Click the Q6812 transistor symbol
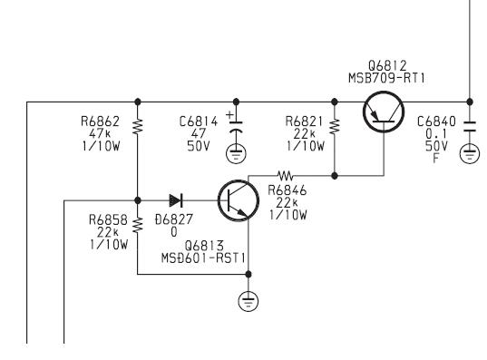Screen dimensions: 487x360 point(384,112)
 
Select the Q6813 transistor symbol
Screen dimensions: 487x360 point(239,200)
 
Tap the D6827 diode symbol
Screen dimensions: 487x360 point(176,200)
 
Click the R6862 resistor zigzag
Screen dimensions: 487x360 point(138,126)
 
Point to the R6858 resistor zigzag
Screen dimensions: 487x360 point(138,225)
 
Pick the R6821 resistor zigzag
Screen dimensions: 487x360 point(335,126)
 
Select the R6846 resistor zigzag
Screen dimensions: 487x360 point(285,176)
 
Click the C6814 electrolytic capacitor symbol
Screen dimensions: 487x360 point(236,128)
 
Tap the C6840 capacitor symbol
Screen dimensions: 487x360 point(470,127)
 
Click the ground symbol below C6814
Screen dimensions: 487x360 point(236,154)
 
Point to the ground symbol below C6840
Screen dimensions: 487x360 point(470,153)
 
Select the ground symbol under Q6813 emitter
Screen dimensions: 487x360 point(248,302)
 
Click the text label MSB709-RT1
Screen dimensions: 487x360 point(386,78)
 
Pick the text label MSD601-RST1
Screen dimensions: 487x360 point(203,258)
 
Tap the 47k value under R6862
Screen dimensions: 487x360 point(100,133)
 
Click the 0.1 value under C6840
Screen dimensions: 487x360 point(436,134)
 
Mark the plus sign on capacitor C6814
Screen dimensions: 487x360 point(229,114)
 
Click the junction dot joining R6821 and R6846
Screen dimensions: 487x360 point(335,176)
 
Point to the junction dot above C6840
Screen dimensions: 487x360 point(470,102)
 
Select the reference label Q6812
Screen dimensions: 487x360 point(387,66)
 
